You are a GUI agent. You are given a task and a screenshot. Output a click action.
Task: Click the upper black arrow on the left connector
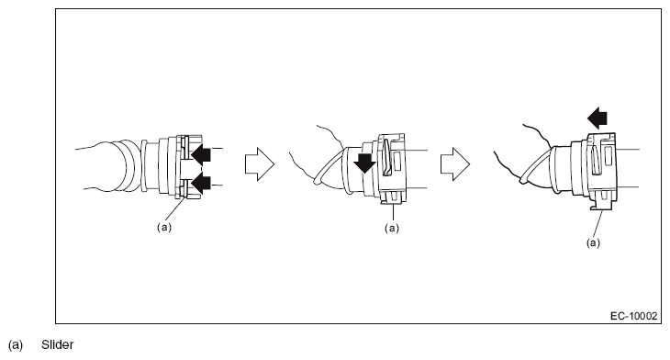201,155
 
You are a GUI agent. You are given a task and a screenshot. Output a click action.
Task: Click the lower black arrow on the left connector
201,184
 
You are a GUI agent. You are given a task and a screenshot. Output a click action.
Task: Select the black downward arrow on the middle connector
364,163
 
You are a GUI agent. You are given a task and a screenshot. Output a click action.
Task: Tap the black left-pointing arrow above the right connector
597,118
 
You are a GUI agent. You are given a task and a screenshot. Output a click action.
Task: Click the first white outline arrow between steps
260,164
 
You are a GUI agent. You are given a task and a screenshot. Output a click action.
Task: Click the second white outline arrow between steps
455,164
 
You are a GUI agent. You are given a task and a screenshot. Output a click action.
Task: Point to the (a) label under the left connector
164,227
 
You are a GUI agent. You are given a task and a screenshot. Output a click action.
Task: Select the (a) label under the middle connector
392,228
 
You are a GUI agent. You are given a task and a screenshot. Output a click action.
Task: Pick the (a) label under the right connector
593,242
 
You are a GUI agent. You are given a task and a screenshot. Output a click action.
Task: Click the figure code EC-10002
633,316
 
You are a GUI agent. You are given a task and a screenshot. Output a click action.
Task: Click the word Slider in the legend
57,344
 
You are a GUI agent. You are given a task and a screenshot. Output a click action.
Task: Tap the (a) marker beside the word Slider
16,345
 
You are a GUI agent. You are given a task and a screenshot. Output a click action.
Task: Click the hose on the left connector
108,166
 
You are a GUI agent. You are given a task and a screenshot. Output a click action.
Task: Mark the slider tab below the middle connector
392,197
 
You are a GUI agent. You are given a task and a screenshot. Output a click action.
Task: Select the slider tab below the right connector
601,202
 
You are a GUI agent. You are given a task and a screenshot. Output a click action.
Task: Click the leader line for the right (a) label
598,223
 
